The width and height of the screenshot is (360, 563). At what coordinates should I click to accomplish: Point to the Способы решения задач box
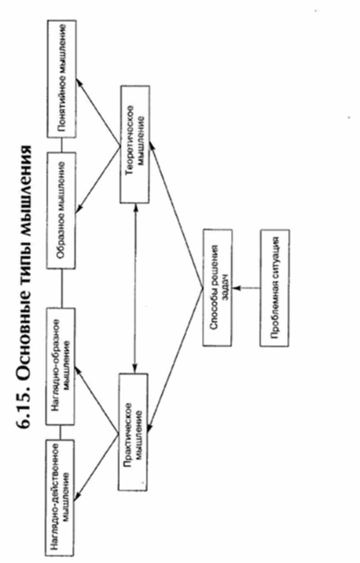(217, 287)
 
